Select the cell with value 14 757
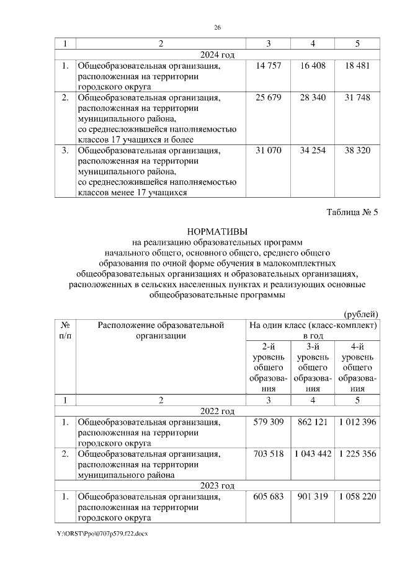click(x=268, y=66)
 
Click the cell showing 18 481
click(x=357, y=66)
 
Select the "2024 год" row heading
click(x=217, y=55)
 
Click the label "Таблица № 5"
click(x=352, y=213)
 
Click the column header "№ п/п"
click(x=65, y=330)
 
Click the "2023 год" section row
click(x=217, y=485)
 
